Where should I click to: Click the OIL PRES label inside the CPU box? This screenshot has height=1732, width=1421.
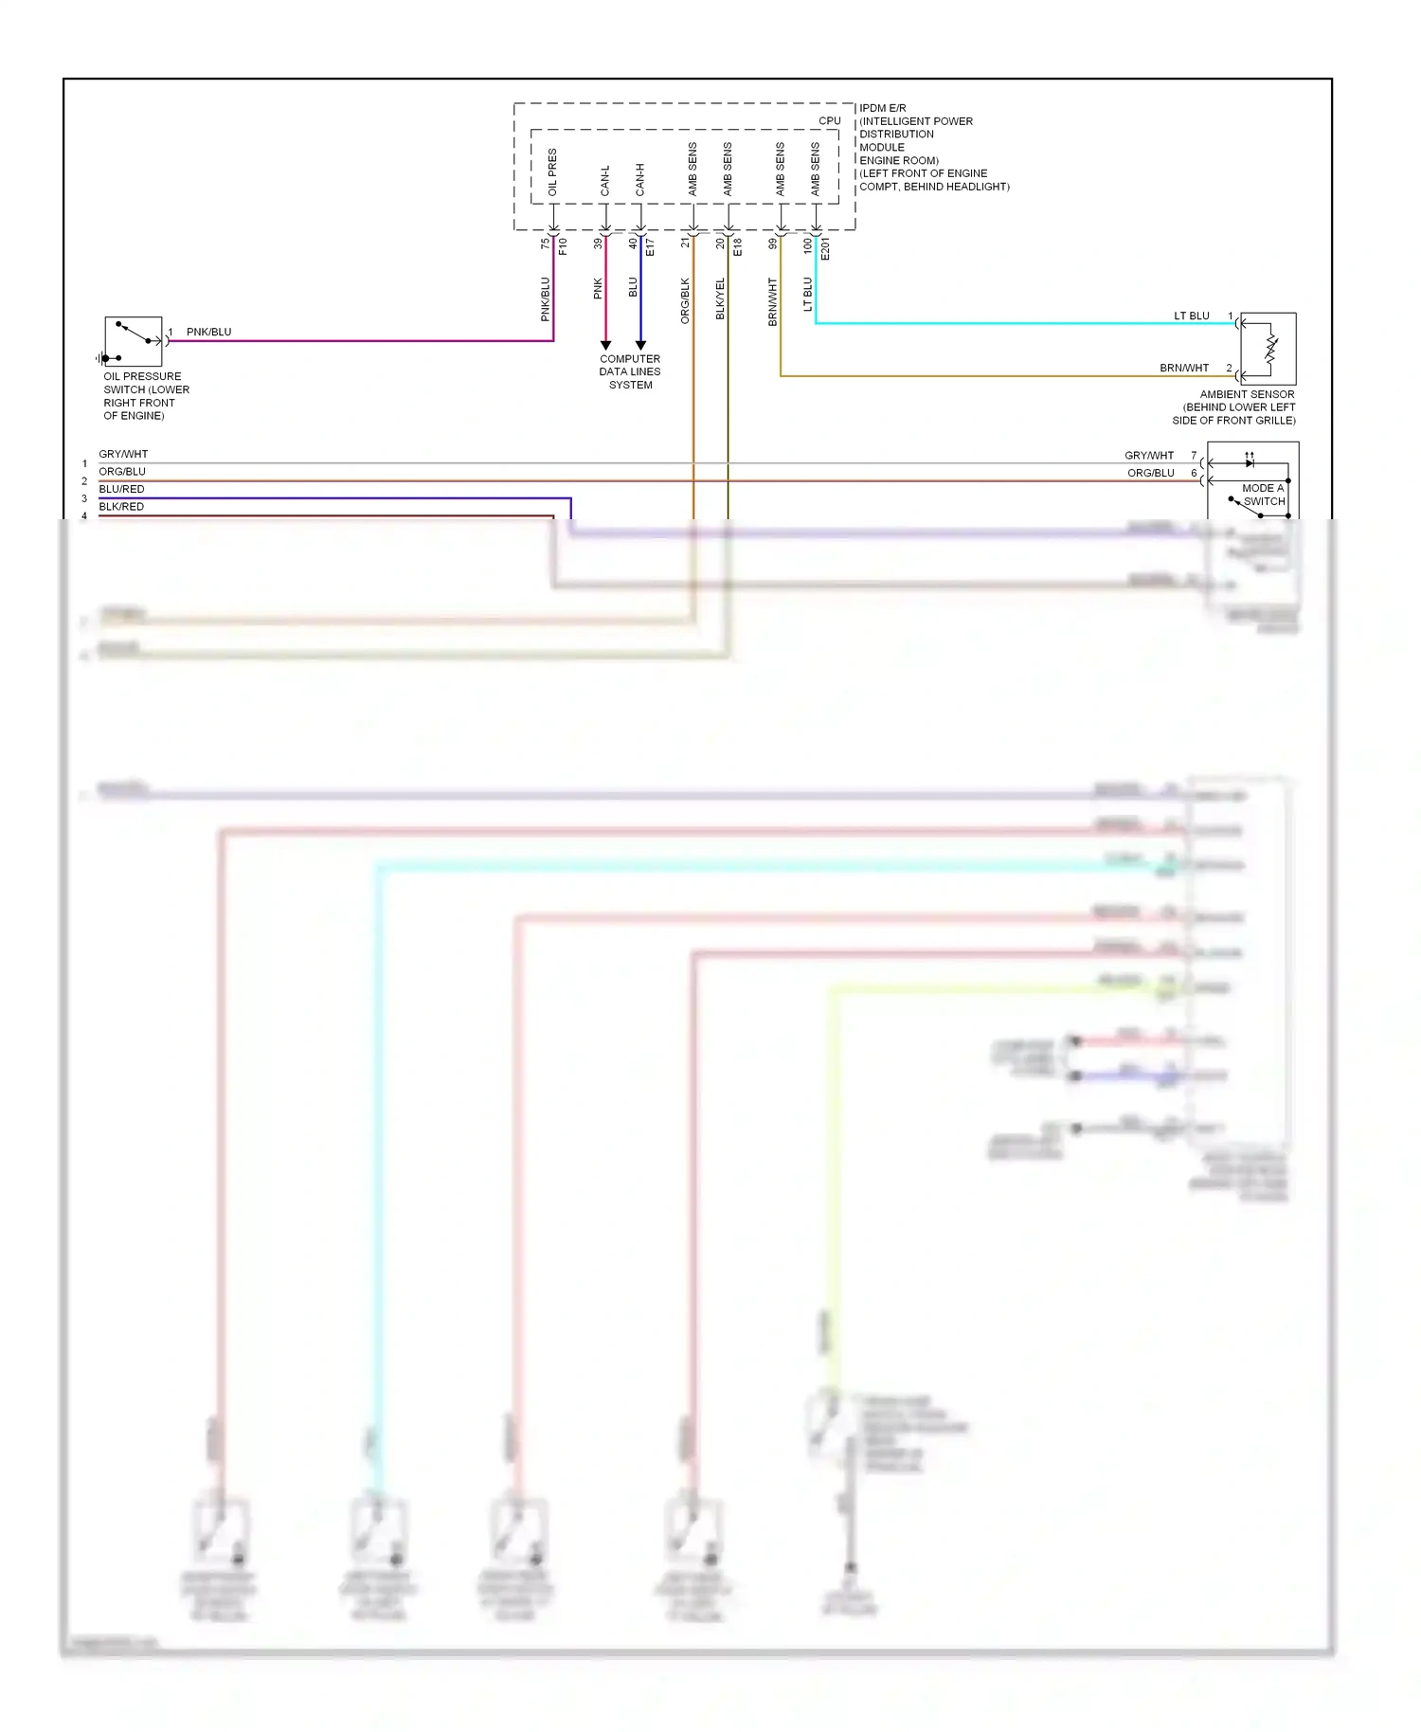(552, 172)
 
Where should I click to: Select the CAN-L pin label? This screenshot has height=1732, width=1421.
(605, 180)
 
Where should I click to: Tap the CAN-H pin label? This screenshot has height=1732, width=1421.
(640, 180)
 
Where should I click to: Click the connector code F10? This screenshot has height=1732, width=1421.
(563, 246)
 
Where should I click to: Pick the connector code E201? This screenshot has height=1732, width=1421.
(825, 249)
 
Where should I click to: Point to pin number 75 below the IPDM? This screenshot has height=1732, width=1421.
(545, 244)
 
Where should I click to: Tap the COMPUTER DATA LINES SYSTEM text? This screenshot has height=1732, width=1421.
(630, 371)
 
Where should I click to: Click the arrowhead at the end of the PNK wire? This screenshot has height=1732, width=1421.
(605, 346)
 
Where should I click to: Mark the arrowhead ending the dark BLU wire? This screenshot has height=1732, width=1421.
(640, 346)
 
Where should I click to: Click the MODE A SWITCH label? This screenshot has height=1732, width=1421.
(1264, 495)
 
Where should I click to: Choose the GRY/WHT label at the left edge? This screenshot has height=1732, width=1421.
(123, 454)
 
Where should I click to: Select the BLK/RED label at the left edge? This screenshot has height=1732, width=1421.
(121, 507)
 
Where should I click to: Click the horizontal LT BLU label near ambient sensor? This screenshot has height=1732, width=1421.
(1192, 316)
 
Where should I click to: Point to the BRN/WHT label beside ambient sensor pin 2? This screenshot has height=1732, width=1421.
(1184, 368)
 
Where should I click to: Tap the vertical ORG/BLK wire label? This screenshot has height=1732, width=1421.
(685, 300)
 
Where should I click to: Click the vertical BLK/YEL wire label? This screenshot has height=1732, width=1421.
(720, 298)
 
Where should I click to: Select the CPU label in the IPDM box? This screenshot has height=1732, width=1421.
(830, 120)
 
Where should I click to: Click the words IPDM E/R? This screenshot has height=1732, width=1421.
(883, 108)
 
